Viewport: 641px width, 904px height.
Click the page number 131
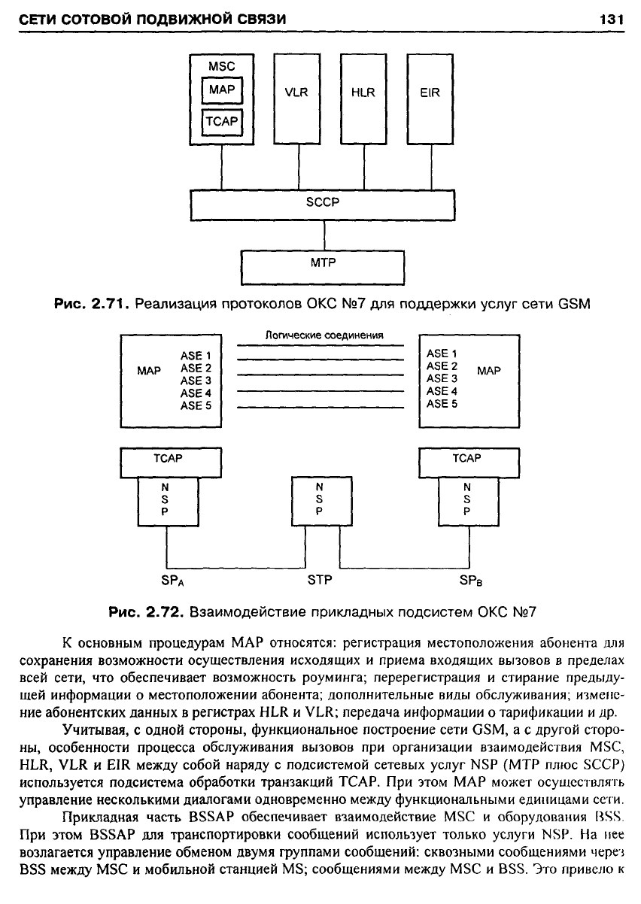tap(612, 19)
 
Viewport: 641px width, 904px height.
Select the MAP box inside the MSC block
tap(222, 90)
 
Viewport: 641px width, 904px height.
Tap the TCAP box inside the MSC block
tap(222, 122)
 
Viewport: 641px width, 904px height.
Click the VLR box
tap(297, 99)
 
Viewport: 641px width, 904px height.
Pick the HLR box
tap(363, 99)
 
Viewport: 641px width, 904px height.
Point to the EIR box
tap(430, 99)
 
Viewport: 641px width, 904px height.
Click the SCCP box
tap(323, 205)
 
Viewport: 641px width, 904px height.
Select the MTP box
tap(323, 268)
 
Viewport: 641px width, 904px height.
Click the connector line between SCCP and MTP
tap(324, 235)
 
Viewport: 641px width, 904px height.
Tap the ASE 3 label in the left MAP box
tap(196, 381)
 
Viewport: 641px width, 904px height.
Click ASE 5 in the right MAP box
tap(442, 404)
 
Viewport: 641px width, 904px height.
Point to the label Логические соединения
tap(324, 335)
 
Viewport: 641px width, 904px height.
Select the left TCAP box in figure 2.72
tap(171, 463)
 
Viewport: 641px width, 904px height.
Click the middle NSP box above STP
tap(322, 501)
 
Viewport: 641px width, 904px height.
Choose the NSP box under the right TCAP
tap(469, 502)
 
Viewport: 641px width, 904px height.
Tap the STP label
tap(320, 580)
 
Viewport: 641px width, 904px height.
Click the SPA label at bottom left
tap(172, 581)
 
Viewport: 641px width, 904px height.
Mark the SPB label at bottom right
tap(471, 581)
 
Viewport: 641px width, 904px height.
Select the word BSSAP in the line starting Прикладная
tap(211, 817)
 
